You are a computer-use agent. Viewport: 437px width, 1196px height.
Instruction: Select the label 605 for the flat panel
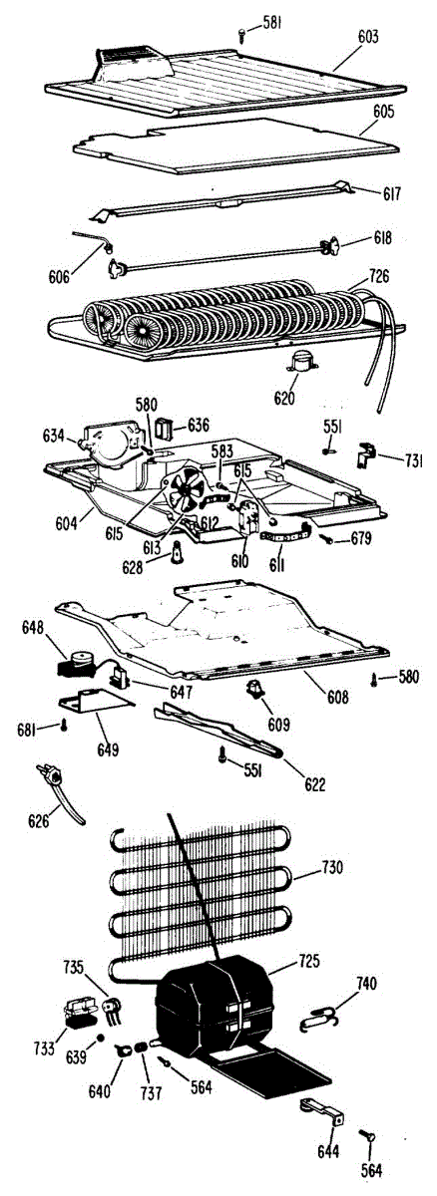click(383, 111)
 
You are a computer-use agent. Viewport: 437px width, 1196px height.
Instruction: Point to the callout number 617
click(392, 193)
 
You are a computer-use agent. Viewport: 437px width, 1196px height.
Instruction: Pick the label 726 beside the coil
click(378, 277)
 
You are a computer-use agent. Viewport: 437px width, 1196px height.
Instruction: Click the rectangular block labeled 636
click(163, 428)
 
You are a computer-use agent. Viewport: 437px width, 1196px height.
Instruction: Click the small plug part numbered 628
click(177, 550)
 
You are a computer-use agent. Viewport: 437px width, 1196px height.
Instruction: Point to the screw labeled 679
click(327, 539)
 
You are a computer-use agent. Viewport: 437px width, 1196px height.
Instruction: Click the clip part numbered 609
click(254, 690)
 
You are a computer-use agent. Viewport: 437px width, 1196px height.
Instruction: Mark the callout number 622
click(314, 783)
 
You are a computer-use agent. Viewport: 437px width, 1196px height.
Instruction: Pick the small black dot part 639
click(99, 1038)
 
